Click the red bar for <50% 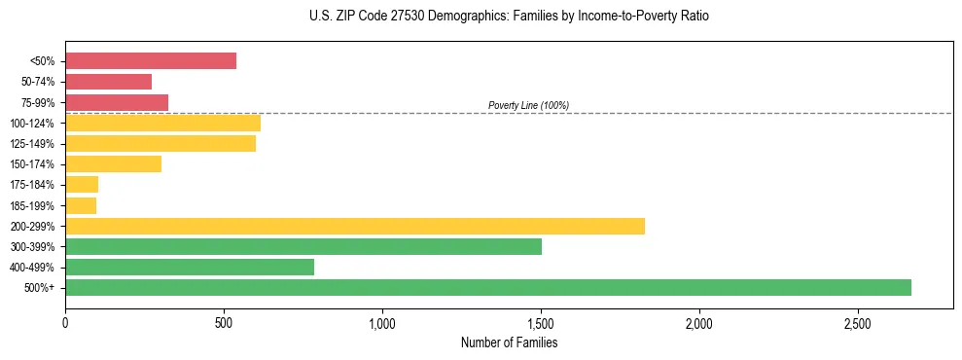point(151,61)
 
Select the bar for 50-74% point(108,82)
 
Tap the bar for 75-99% point(117,102)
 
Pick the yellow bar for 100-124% point(162,123)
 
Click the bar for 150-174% point(113,164)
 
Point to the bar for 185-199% point(81,205)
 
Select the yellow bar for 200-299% point(355,226)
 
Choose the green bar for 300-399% point(303,246)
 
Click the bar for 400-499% point(190,267)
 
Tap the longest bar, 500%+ point(488,287)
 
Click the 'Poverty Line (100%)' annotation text point(528,105)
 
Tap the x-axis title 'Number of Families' point(509,342)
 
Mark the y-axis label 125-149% point(32,144)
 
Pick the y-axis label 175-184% point(32,185)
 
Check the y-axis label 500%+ point(40,288)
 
